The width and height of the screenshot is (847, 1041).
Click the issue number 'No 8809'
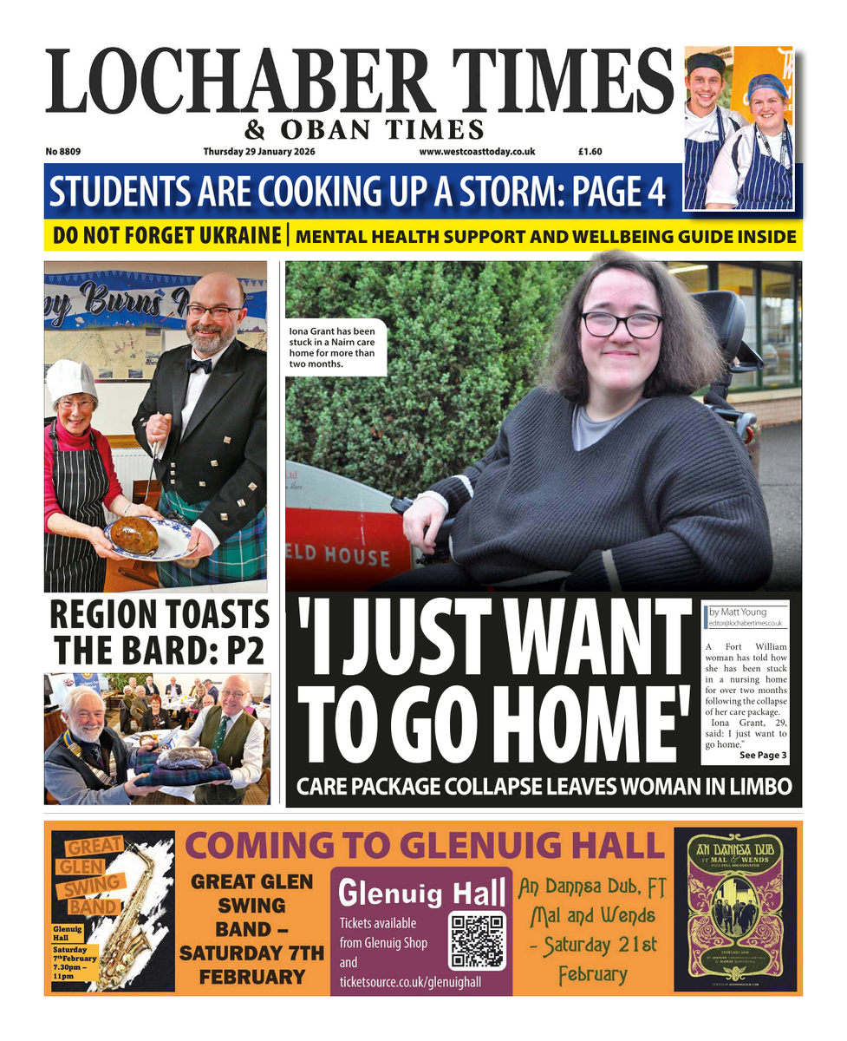point(63,152)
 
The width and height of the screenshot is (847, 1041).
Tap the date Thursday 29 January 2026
point(258,152)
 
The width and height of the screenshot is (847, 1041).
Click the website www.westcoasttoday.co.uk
point(477,152)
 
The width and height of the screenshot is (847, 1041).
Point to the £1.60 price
point(590,152)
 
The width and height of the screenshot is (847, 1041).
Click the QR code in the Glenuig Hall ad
point(477,940)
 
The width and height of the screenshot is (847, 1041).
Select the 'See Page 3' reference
point(763,756)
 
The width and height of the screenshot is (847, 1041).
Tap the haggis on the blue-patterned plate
point(134,535)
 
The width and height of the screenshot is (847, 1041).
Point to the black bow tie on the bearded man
point(200,366)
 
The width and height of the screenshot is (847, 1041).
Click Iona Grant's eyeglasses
point(622,324)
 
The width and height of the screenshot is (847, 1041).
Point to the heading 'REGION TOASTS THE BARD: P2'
point(157,632)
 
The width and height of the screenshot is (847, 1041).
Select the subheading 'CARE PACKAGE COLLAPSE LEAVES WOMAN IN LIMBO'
point(544,788)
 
